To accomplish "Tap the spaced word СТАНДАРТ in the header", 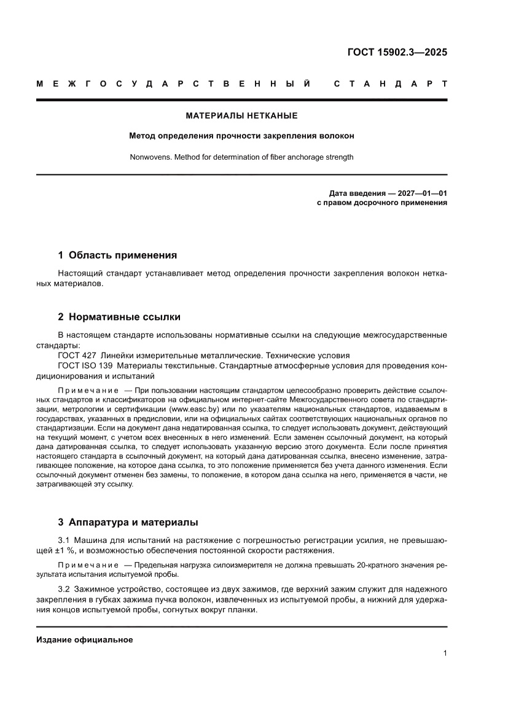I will coord(390,84).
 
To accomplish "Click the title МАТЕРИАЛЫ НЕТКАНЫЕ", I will coord(241,115).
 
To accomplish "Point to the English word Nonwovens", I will coord(148,157).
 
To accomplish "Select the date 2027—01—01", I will coord(423,193).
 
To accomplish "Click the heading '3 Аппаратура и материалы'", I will coord(128,523).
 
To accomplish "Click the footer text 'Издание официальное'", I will coord(85,639).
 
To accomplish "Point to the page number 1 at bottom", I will coord(445,654).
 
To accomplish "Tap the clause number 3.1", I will coord(64,540).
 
